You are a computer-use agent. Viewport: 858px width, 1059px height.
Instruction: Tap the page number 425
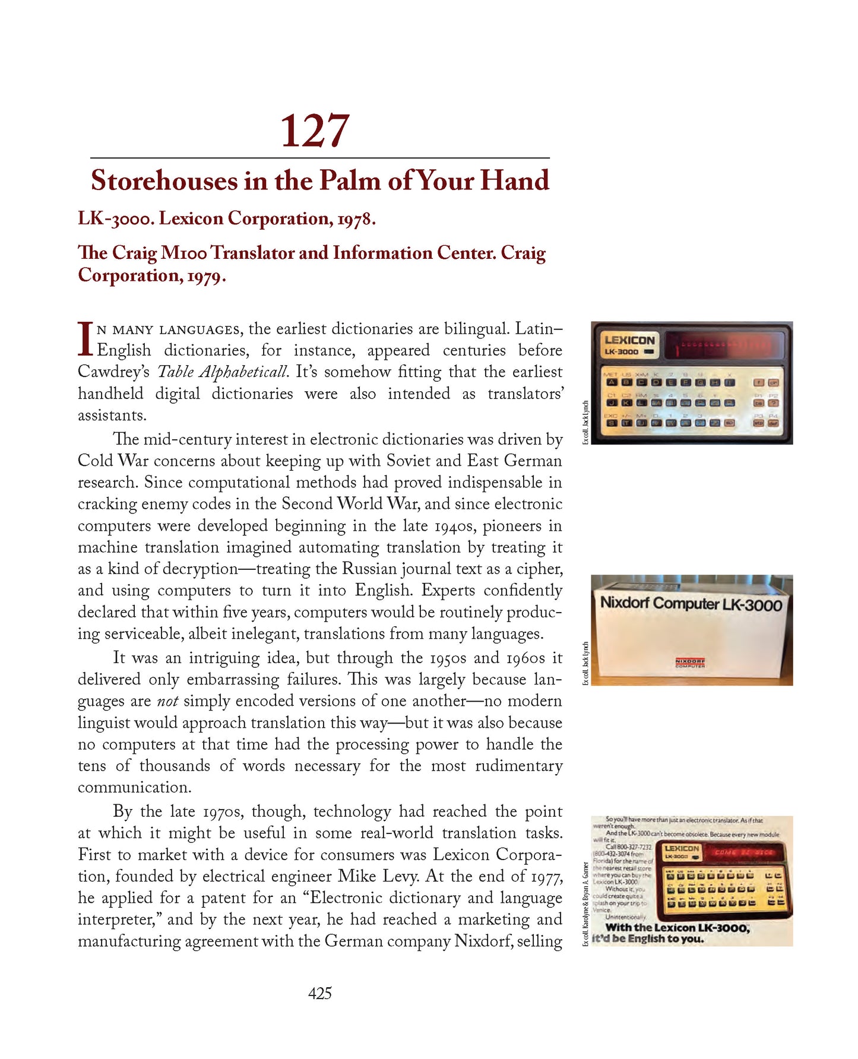319,993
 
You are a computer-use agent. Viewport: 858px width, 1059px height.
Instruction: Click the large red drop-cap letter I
86,338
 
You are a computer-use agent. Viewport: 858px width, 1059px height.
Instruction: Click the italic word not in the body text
167,701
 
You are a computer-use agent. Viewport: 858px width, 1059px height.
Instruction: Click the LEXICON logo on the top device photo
629,340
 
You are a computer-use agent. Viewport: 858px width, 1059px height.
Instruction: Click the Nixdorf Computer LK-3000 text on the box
691,604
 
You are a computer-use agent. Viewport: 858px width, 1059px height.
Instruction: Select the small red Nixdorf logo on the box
689,662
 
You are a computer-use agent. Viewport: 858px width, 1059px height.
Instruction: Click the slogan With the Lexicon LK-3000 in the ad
677,927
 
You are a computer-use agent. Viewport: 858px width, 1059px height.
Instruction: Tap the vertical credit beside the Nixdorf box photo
585,664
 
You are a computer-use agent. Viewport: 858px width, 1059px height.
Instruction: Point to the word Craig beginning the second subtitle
135,253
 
